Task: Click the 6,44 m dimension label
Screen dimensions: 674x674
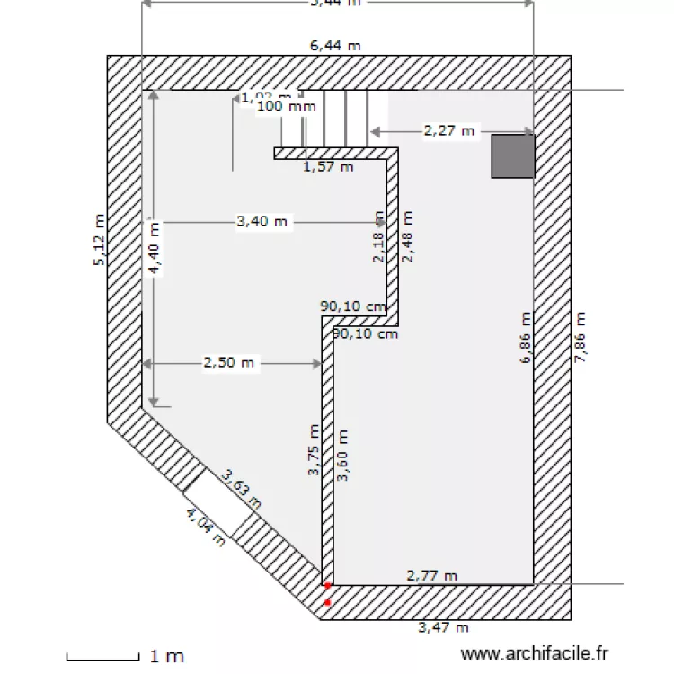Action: tap(336, 45)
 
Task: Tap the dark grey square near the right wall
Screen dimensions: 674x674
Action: tap(513, 155)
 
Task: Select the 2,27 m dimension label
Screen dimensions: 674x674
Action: tap(448, 131)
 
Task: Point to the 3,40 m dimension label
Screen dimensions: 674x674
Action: tap(262, 221)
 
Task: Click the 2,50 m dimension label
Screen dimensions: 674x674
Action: tap(229, 363)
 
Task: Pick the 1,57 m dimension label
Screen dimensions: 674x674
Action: tap(327, 165)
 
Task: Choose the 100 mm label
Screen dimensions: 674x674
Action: tap(286, 106)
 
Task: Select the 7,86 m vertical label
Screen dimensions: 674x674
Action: tap(580, 337)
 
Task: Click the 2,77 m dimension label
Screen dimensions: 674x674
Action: tap(431, 575)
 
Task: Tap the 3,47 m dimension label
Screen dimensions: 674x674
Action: tap(444, 627)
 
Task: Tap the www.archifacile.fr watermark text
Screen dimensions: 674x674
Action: tap(534, 656)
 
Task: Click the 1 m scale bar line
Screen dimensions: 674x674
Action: tap(103, 656)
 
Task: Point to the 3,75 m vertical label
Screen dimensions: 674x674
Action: tap(314, 449)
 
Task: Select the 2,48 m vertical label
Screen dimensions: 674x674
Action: tap(408, 237)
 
